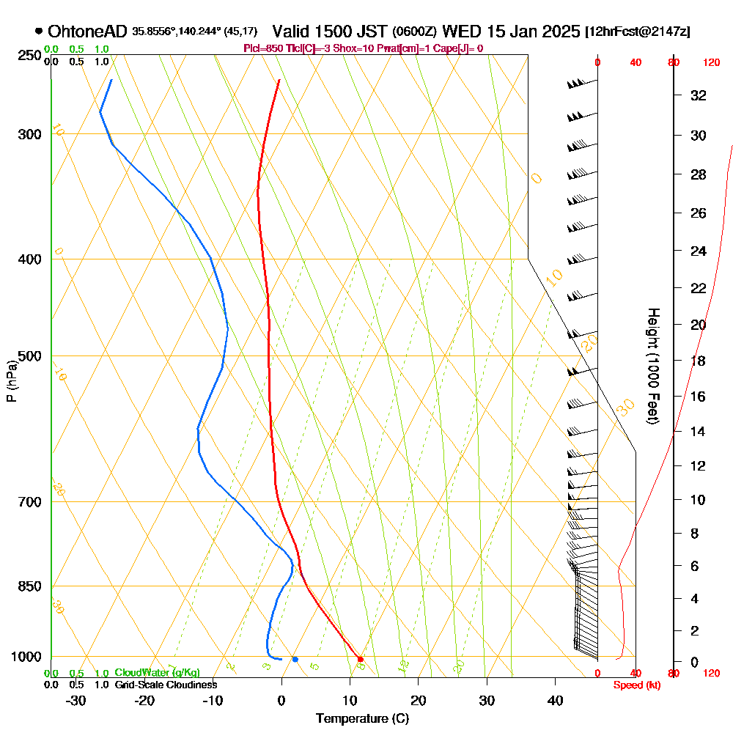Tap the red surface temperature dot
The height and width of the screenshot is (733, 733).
(x=360, y=659)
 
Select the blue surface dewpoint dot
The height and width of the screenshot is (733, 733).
(x=295, y=659)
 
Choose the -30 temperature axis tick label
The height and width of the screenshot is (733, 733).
(x=75, y=700)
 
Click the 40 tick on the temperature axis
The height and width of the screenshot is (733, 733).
(x=556, y=700)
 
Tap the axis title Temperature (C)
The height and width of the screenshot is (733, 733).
(x=361, y=718)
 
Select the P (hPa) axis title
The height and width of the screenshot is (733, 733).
(x=11, y=380)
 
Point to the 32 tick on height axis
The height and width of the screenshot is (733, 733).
(x=699, y=95)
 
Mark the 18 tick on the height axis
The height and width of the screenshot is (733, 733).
(x=699, y=361)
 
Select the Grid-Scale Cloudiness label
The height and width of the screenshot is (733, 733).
(x=166, y=685)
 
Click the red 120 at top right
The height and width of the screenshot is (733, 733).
(x=711, y=63)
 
